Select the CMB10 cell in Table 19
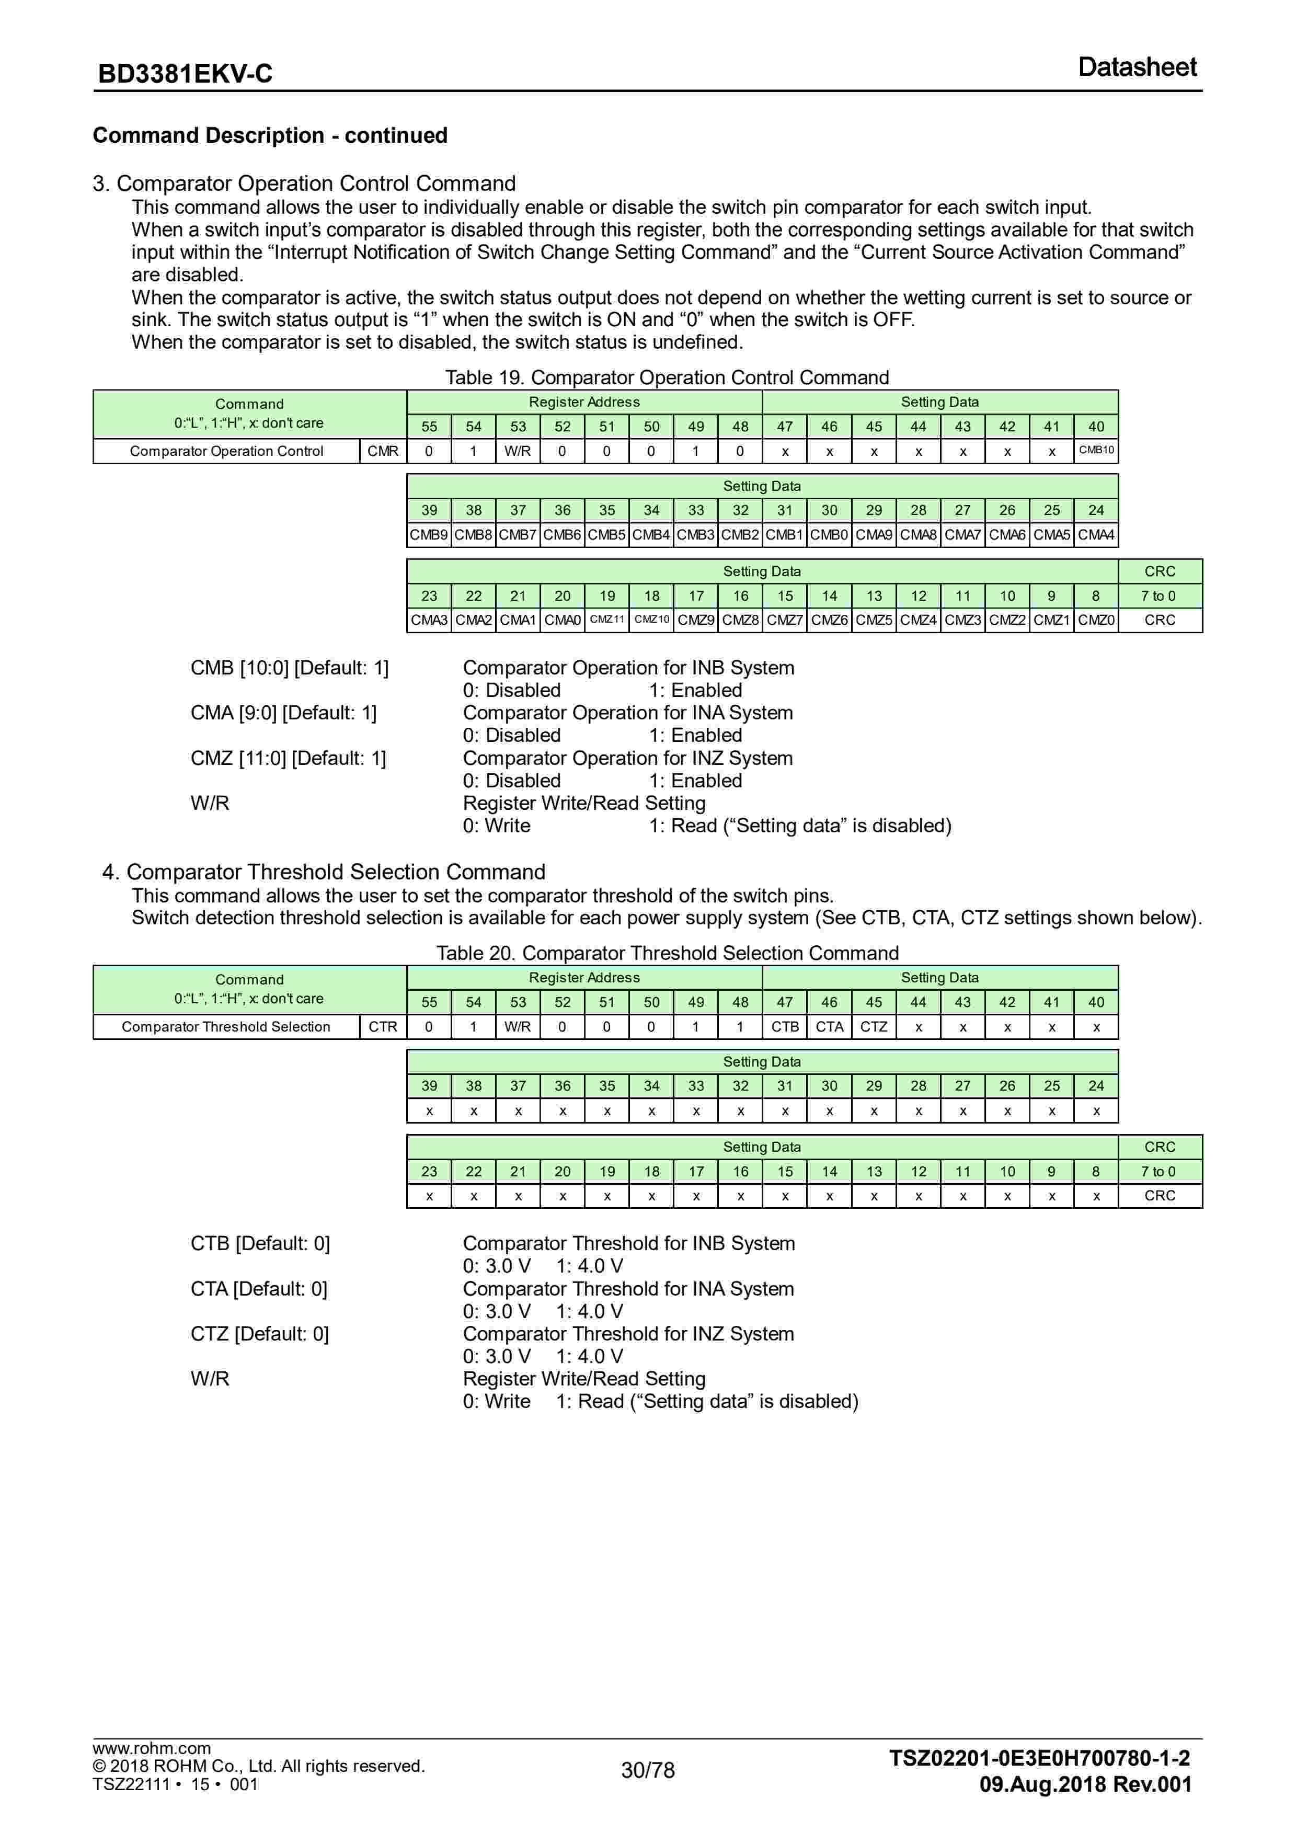[1096, 450]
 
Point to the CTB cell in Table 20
[785, 1027]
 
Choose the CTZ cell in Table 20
[873, 1027]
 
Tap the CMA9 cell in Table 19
[873, 535]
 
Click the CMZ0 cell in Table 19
[1096, 620]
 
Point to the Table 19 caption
[667, 377]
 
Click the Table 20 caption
[667, 954]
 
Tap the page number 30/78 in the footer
[647, 1770]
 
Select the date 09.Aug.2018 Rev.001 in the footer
[1085, 1785]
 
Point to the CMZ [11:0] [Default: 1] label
[288, 758]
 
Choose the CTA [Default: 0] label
[259, 1289]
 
